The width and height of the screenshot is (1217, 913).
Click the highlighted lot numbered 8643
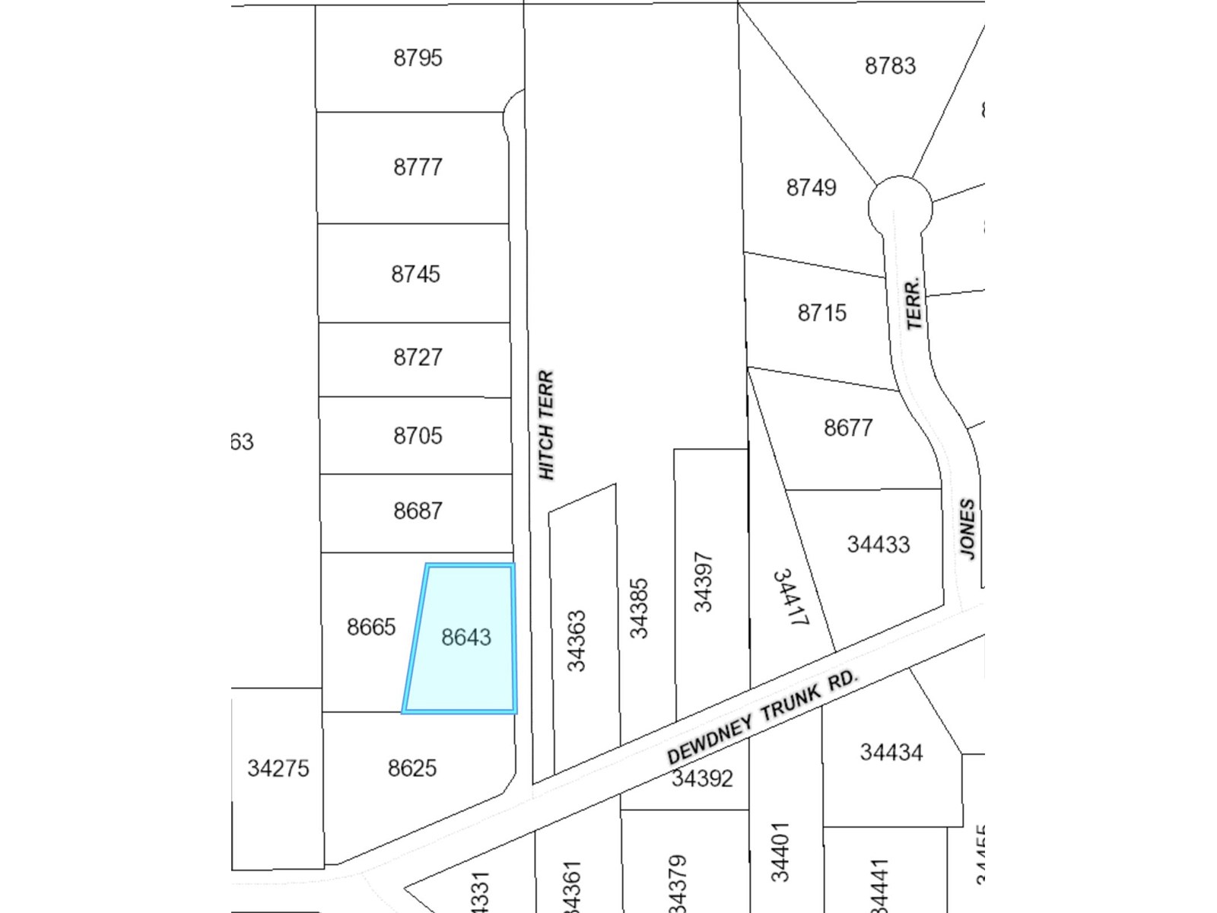(466, 638)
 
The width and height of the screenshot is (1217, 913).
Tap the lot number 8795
(418, 58)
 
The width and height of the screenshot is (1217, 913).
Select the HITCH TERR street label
(546, 425)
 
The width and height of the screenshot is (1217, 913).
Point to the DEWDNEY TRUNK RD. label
(762, 717)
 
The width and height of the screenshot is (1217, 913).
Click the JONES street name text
(967, 529)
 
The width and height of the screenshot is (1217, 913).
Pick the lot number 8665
(371, 627)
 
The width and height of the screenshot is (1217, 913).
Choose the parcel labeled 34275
(278, 768)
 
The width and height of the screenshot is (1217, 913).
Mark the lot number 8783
(890, 66)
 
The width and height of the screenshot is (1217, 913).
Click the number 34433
(879, 545)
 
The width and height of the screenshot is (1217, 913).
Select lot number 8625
(412, 768)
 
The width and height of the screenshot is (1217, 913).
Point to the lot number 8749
(811, 187)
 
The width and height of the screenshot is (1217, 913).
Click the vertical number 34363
(577, 641)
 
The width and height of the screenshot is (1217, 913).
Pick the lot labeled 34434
(891, 752)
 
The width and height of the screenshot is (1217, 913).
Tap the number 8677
(848, 428)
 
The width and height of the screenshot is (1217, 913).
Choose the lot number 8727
(418, 358)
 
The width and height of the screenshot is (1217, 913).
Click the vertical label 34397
(703, 582)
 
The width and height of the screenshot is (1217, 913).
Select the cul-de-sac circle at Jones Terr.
(900, 205)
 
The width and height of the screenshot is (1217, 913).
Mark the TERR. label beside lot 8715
(914, 304)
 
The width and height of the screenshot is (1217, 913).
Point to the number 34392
(702, 778)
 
